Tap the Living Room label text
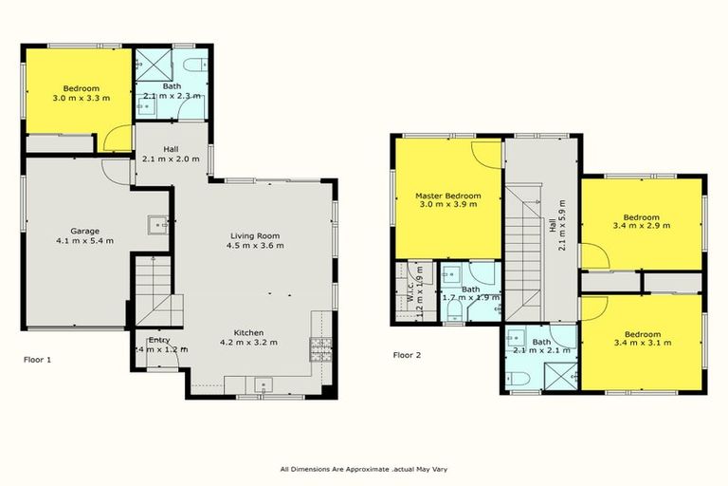coord(256,235)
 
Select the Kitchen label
coord(248,331)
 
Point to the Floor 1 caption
coord(37,360)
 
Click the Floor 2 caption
coord(409,356)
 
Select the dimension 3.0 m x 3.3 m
coord(76,98)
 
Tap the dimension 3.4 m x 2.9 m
coord(642,226)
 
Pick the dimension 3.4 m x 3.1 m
coord(642,344)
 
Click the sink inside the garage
coord(155,226)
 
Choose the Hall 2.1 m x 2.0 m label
coord(171,153)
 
